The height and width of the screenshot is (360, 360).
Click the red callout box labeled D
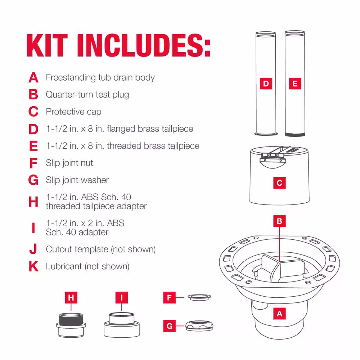(x=266, y=84)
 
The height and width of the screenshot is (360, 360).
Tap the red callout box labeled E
(x=295, y=84)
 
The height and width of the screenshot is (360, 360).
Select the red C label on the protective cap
(x=279, y=183)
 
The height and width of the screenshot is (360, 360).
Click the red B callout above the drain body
(x=279, y=221)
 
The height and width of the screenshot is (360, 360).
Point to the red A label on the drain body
(x=279, y=314)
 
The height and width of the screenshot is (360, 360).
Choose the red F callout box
(x=170, y=298)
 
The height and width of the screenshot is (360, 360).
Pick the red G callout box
(x=170, y=326)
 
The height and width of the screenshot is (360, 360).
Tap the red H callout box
(x=71, y=298)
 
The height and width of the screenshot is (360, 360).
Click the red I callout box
(x=121, y=298)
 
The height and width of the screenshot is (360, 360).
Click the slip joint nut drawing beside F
(x=199, y=297)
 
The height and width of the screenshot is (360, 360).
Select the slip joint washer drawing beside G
(x=199, y=326)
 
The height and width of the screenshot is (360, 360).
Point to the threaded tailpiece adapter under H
(x=71, y=325)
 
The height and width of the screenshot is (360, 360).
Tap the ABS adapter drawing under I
(x=121, y=325)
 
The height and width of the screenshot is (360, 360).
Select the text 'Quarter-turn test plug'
(x=87, y=95)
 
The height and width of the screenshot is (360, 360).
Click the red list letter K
(x=33, y=266)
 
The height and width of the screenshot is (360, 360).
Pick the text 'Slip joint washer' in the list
(x=77, y=180)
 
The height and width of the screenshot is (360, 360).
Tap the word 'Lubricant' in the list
(x=64, y=266)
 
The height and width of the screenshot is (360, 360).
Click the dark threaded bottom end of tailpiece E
(x=295, y=135)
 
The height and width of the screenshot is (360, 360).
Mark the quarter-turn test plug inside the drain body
(x=280, y=268)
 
